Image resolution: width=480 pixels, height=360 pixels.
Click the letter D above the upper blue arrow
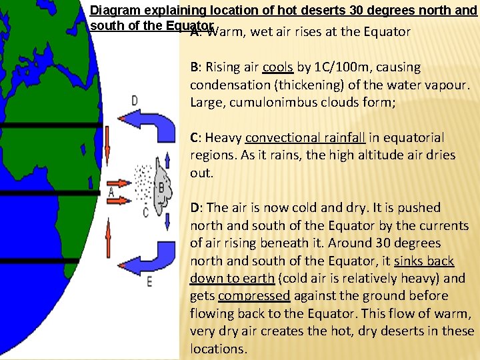click(x=135, y=101)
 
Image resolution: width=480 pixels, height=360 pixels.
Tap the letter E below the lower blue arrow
click(x=149, y=281)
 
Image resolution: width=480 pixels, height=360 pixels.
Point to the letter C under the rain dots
click(x=146, y=213)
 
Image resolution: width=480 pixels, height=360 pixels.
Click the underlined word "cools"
click(x=277, y=67)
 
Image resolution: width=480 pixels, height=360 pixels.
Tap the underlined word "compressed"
click(x=254, y=296)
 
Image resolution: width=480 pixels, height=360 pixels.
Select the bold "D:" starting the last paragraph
click(x=197, y=208)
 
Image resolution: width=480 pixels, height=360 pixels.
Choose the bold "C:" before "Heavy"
click(x=196, y=138)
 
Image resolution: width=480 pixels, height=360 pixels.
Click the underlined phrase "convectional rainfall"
click(x=305, y=138)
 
